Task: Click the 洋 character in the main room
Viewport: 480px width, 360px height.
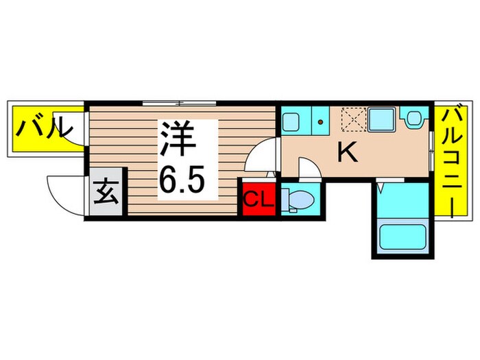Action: [180, 141]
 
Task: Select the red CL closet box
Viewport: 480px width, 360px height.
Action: [259, 200]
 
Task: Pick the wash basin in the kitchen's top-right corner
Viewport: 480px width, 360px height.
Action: [413, 121]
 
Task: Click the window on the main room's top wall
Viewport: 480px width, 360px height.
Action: [178, 104]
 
